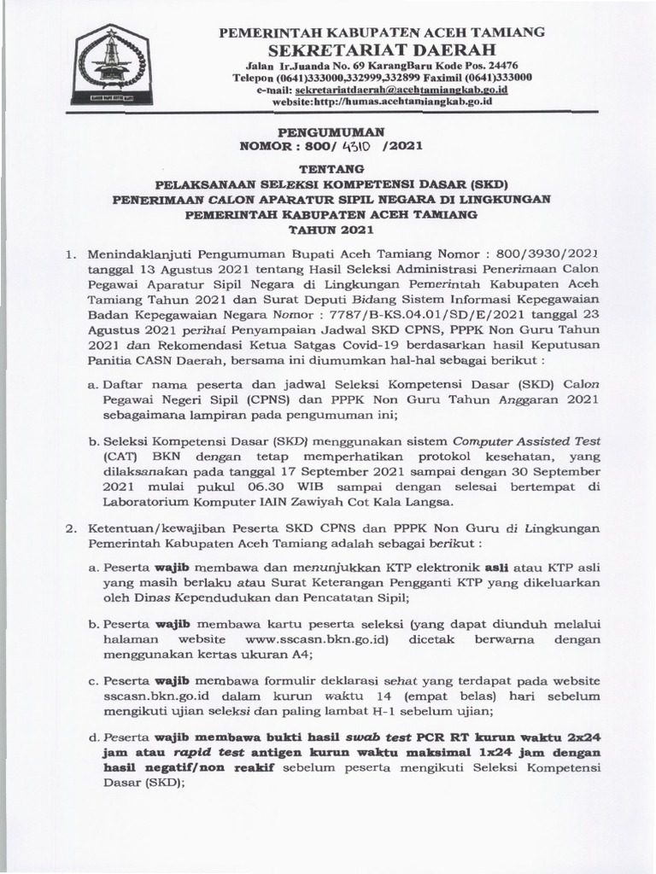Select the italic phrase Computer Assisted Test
pos(526,441)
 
